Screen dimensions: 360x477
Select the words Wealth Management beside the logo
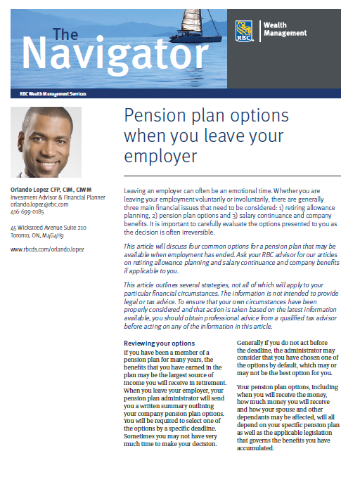pyautogui.click(x=284, y=29)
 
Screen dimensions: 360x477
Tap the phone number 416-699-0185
pyautogui.click(x=27, y=211)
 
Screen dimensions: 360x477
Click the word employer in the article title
pyautogui.click(x=159, y=155)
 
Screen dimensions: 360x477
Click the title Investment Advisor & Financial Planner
pyautogui.click(x=57, y=197)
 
